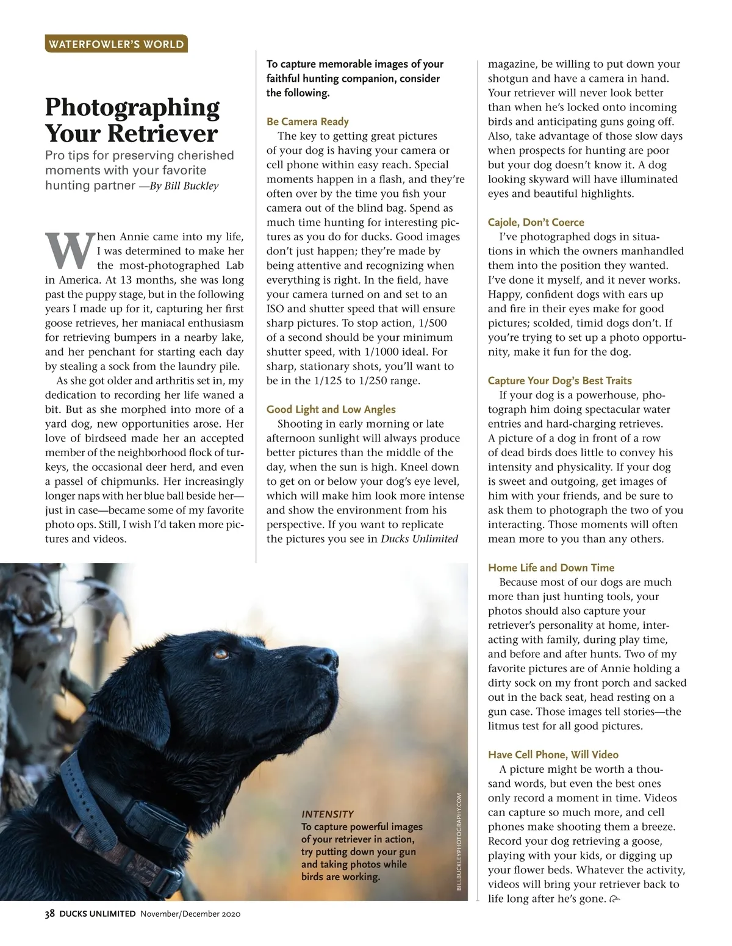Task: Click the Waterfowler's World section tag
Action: click(x=116, y=44)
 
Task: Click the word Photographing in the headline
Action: click(x=132, y=107)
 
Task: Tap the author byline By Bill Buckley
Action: click(x=183, y=186)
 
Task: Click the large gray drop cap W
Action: click(x=69, y=251)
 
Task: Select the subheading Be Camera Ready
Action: click(x=307, y=121)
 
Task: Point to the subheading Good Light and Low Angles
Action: click(x=331, y=409)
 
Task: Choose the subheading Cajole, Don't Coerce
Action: click(x=536, y=222)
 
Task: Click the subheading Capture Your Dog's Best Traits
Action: click(x=559, y=381)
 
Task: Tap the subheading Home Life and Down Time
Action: click(x=551, y=567)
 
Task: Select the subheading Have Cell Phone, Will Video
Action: click(x=553, y=754)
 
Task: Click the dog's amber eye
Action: click(x=220, y=654)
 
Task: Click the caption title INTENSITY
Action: click(x=328, y=814)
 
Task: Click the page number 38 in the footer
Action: click(x=50, y=914)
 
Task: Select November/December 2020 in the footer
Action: click(x=190, y=914)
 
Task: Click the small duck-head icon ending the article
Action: click(x=614, y=899)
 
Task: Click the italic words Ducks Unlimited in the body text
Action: click(x=419, y=539)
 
